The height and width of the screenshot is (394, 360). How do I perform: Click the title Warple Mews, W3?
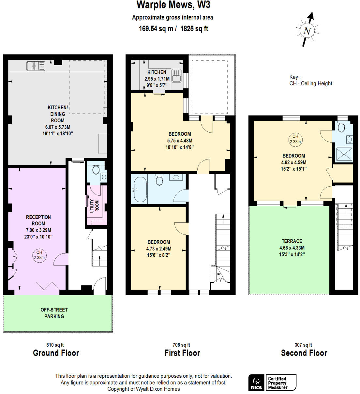[x=173, y=5]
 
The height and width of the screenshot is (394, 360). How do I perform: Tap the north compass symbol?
[x=307, y=30]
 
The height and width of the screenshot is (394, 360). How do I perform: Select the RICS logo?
[x=256, y=383]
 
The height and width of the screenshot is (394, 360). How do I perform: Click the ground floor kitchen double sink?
[x=36, y=66]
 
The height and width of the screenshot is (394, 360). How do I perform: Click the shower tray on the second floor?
[x=344, y=154]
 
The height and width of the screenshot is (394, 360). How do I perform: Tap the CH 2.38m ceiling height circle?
[x=39, y=255]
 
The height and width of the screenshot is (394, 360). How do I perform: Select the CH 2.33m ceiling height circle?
[x=295, y=139]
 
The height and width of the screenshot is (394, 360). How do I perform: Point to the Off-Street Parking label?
[x=54, y=313]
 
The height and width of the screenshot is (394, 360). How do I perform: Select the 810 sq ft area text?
[x=55, y=345]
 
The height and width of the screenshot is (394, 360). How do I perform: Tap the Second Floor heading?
[x=304, y=353]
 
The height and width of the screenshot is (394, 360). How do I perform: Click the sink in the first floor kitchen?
[x=176, y=76]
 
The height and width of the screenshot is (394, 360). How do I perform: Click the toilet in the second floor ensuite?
[x=341, y=127]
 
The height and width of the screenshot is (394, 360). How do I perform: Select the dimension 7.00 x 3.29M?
[x=38, y=230]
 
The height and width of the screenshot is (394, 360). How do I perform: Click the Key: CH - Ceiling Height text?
[x=310, y=80]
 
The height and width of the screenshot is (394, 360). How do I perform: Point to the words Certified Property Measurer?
[x=277, y=383]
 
